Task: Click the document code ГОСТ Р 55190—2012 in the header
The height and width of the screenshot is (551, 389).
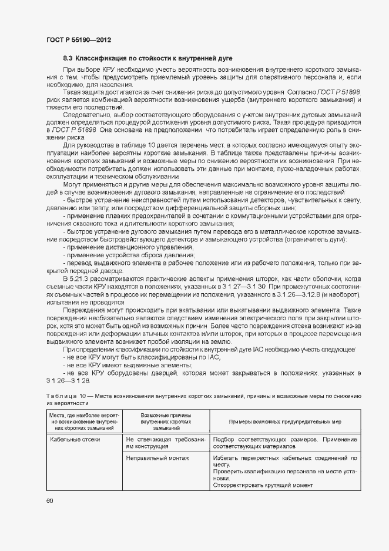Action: tap(78, 40)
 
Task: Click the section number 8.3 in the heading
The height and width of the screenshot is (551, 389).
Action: tap(68, 58)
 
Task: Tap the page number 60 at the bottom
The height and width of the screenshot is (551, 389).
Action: tap(49, 500)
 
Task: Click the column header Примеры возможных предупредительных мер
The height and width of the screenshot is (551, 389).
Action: tap(285, 422)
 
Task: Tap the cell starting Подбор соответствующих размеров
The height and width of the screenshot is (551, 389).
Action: tap(285, 443)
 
